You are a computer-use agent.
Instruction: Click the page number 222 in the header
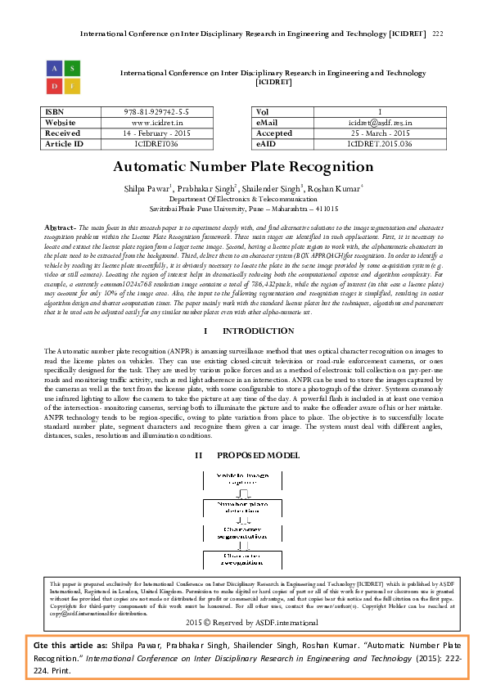tap(437, 34)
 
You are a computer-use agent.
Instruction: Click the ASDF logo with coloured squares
tap(63, 76)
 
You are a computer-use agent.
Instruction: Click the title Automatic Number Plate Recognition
tap(243, 167)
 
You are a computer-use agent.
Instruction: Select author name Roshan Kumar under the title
tap(336, 188)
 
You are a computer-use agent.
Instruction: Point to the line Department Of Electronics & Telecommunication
tap(243, 199)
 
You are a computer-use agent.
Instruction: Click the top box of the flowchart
tap(242, 479)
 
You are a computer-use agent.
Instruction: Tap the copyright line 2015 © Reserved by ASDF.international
tap(243, 623)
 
